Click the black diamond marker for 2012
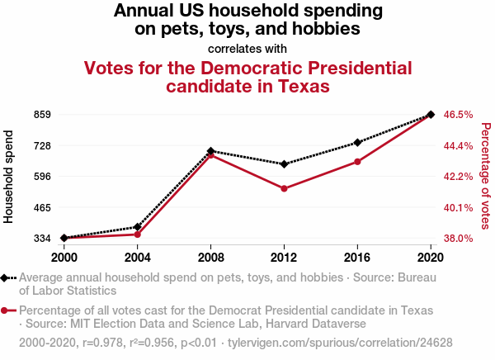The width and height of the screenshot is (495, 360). (284, 164)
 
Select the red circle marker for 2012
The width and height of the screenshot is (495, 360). (284, 189)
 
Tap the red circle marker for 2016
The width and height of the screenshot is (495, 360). (357, 162)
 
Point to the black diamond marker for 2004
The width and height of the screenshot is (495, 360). (138, 226)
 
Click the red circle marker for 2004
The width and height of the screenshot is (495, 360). (138, 234)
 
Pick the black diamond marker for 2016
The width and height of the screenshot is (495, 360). (357, 143)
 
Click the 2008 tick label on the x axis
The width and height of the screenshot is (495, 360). (211, 257)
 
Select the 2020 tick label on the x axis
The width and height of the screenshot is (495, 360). (431, 257)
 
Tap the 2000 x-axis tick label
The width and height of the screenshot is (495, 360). (64, 257)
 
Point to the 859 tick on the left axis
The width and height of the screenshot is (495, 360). (42, 115)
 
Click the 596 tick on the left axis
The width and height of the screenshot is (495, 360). (42, 177)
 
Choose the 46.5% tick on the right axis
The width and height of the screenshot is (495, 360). (458, 115)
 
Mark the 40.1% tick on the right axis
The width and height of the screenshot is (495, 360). (458, 207)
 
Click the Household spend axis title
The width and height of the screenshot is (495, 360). (10, 176)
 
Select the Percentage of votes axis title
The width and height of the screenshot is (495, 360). (486, 176)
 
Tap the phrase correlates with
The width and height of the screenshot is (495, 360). (247, 48)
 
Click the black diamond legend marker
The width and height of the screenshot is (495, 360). (8, 278)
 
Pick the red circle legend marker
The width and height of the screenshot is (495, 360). (8, 310)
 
